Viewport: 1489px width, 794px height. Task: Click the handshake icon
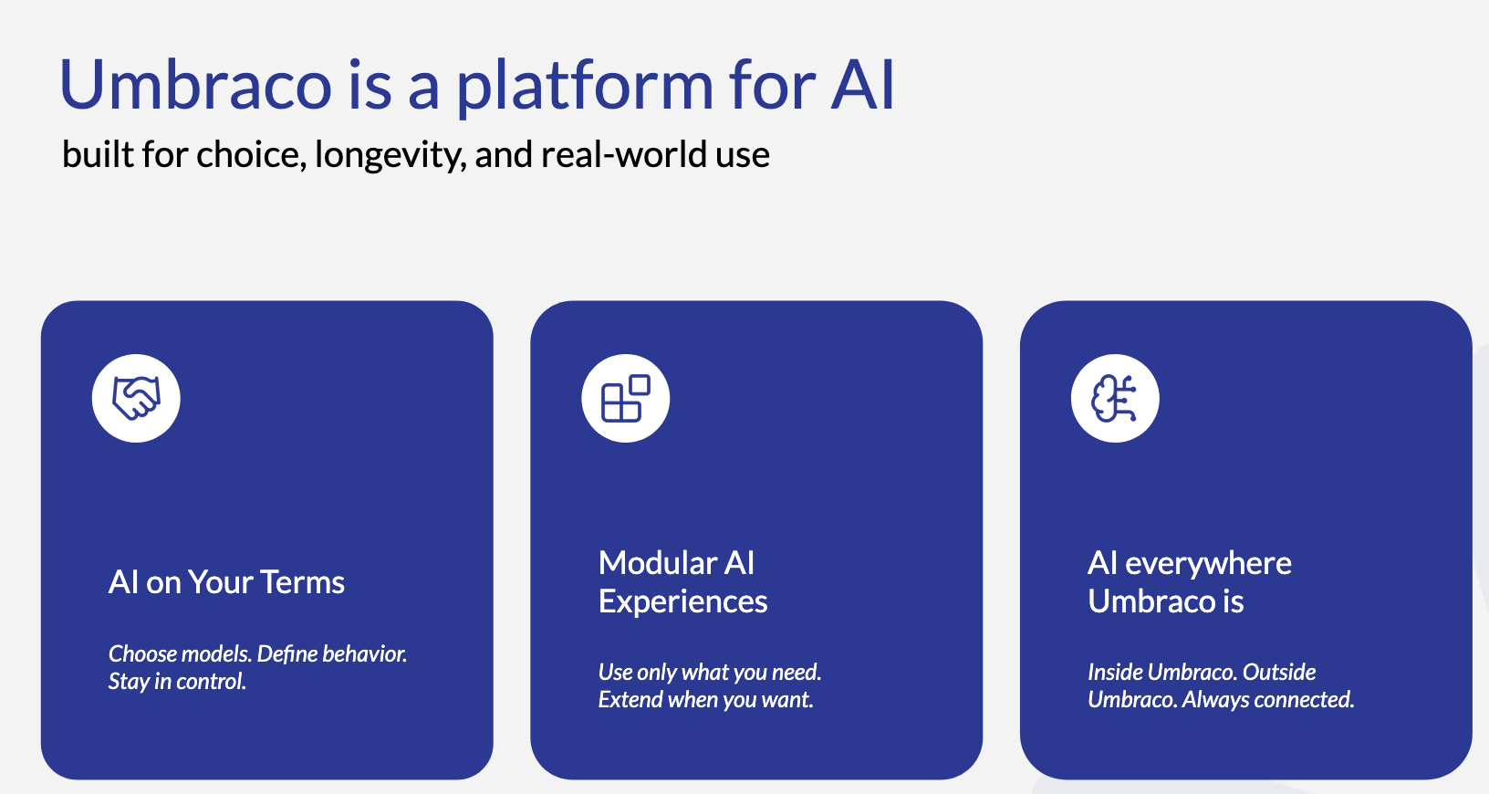pos(136,398)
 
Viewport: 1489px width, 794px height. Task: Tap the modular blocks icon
pos(626,398)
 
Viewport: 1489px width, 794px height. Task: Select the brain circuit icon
pos(1115,398)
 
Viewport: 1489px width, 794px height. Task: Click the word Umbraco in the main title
pos(195,85)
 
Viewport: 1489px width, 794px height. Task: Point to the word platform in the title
pos(585,87)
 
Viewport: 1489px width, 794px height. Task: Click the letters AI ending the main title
pos(863,85)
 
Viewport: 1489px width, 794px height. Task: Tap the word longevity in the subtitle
pos(390,155)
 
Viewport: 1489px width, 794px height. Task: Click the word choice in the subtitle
pos(251,155)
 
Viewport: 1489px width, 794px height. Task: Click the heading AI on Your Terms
pos(226,582)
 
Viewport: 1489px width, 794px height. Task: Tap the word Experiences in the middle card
pos(682,602)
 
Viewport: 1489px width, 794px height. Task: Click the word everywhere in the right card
pos(1208,563)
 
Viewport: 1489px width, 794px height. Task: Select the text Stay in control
pos(178,682)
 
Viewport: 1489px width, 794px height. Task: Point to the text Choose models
pos(180,653)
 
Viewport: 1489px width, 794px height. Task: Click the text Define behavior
pos(332,653)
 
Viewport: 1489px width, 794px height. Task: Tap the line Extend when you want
pos(706,700)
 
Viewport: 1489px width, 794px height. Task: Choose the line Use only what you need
pos(710,673)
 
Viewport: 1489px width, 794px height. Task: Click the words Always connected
pos(1267,700)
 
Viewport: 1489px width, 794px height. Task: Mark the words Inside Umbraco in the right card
pos(1162,673)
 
